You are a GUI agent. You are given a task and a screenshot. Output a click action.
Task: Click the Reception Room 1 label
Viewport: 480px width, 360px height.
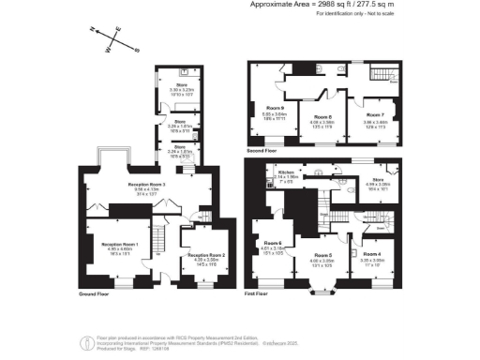pyautogui.click(x=119, y=244)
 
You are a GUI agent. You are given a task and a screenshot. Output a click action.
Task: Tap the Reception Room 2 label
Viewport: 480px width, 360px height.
pyautogui.click(x=205, y=255)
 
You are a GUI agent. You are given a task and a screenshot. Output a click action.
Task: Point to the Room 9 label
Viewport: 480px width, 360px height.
pyautogui.click(x=275, y=108)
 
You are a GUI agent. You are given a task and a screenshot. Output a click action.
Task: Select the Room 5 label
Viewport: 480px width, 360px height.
pyautogui.click(x=322, y=255)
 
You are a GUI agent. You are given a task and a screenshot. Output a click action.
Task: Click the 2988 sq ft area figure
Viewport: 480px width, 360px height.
pyautogui.click(x=321, y=5)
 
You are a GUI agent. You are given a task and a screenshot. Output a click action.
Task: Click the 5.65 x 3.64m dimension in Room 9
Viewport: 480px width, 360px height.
pyautogui.click(x=275, y=114)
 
